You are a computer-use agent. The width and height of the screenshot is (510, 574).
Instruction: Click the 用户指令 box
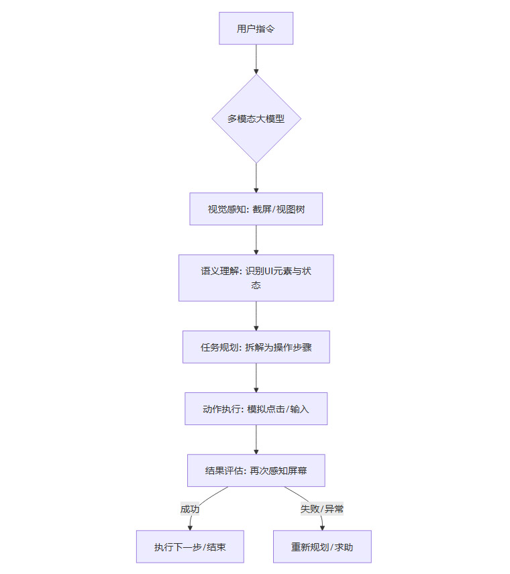256,28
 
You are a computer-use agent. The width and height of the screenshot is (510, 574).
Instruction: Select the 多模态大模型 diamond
256,119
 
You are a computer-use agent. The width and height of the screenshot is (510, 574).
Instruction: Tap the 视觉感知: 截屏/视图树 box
256,209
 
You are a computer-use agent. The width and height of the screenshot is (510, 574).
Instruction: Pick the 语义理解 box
256,278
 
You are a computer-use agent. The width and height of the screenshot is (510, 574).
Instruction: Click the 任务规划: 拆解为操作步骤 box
256,347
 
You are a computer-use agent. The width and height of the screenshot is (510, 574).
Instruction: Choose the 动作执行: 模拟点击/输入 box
256,409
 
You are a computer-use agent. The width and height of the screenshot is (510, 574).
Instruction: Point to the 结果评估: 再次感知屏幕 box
256,471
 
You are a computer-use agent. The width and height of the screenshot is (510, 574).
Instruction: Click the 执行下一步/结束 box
190,547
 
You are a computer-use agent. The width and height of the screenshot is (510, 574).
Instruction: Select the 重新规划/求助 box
322,547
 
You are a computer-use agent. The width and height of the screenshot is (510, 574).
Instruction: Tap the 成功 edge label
190,509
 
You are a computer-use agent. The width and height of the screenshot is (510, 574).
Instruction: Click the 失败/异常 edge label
322,509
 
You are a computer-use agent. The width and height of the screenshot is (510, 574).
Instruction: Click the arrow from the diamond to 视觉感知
256,178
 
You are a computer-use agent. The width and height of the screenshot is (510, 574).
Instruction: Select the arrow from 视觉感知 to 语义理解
256,240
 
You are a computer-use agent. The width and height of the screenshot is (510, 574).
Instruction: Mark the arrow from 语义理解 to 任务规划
256,316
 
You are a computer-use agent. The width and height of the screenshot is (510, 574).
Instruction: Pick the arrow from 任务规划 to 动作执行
256,378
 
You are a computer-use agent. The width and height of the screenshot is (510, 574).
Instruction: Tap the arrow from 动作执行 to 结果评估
256,439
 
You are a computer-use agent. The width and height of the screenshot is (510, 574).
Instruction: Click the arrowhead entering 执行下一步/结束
190,528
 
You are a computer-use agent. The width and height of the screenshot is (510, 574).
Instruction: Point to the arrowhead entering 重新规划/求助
322,528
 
